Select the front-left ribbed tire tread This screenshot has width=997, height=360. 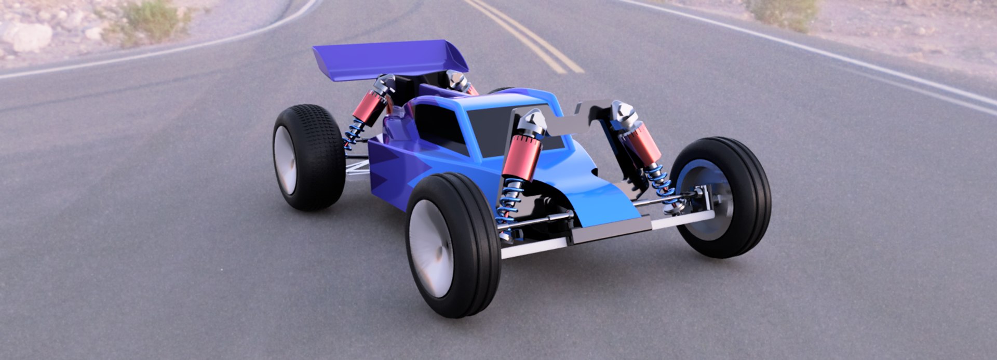[475, 244]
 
